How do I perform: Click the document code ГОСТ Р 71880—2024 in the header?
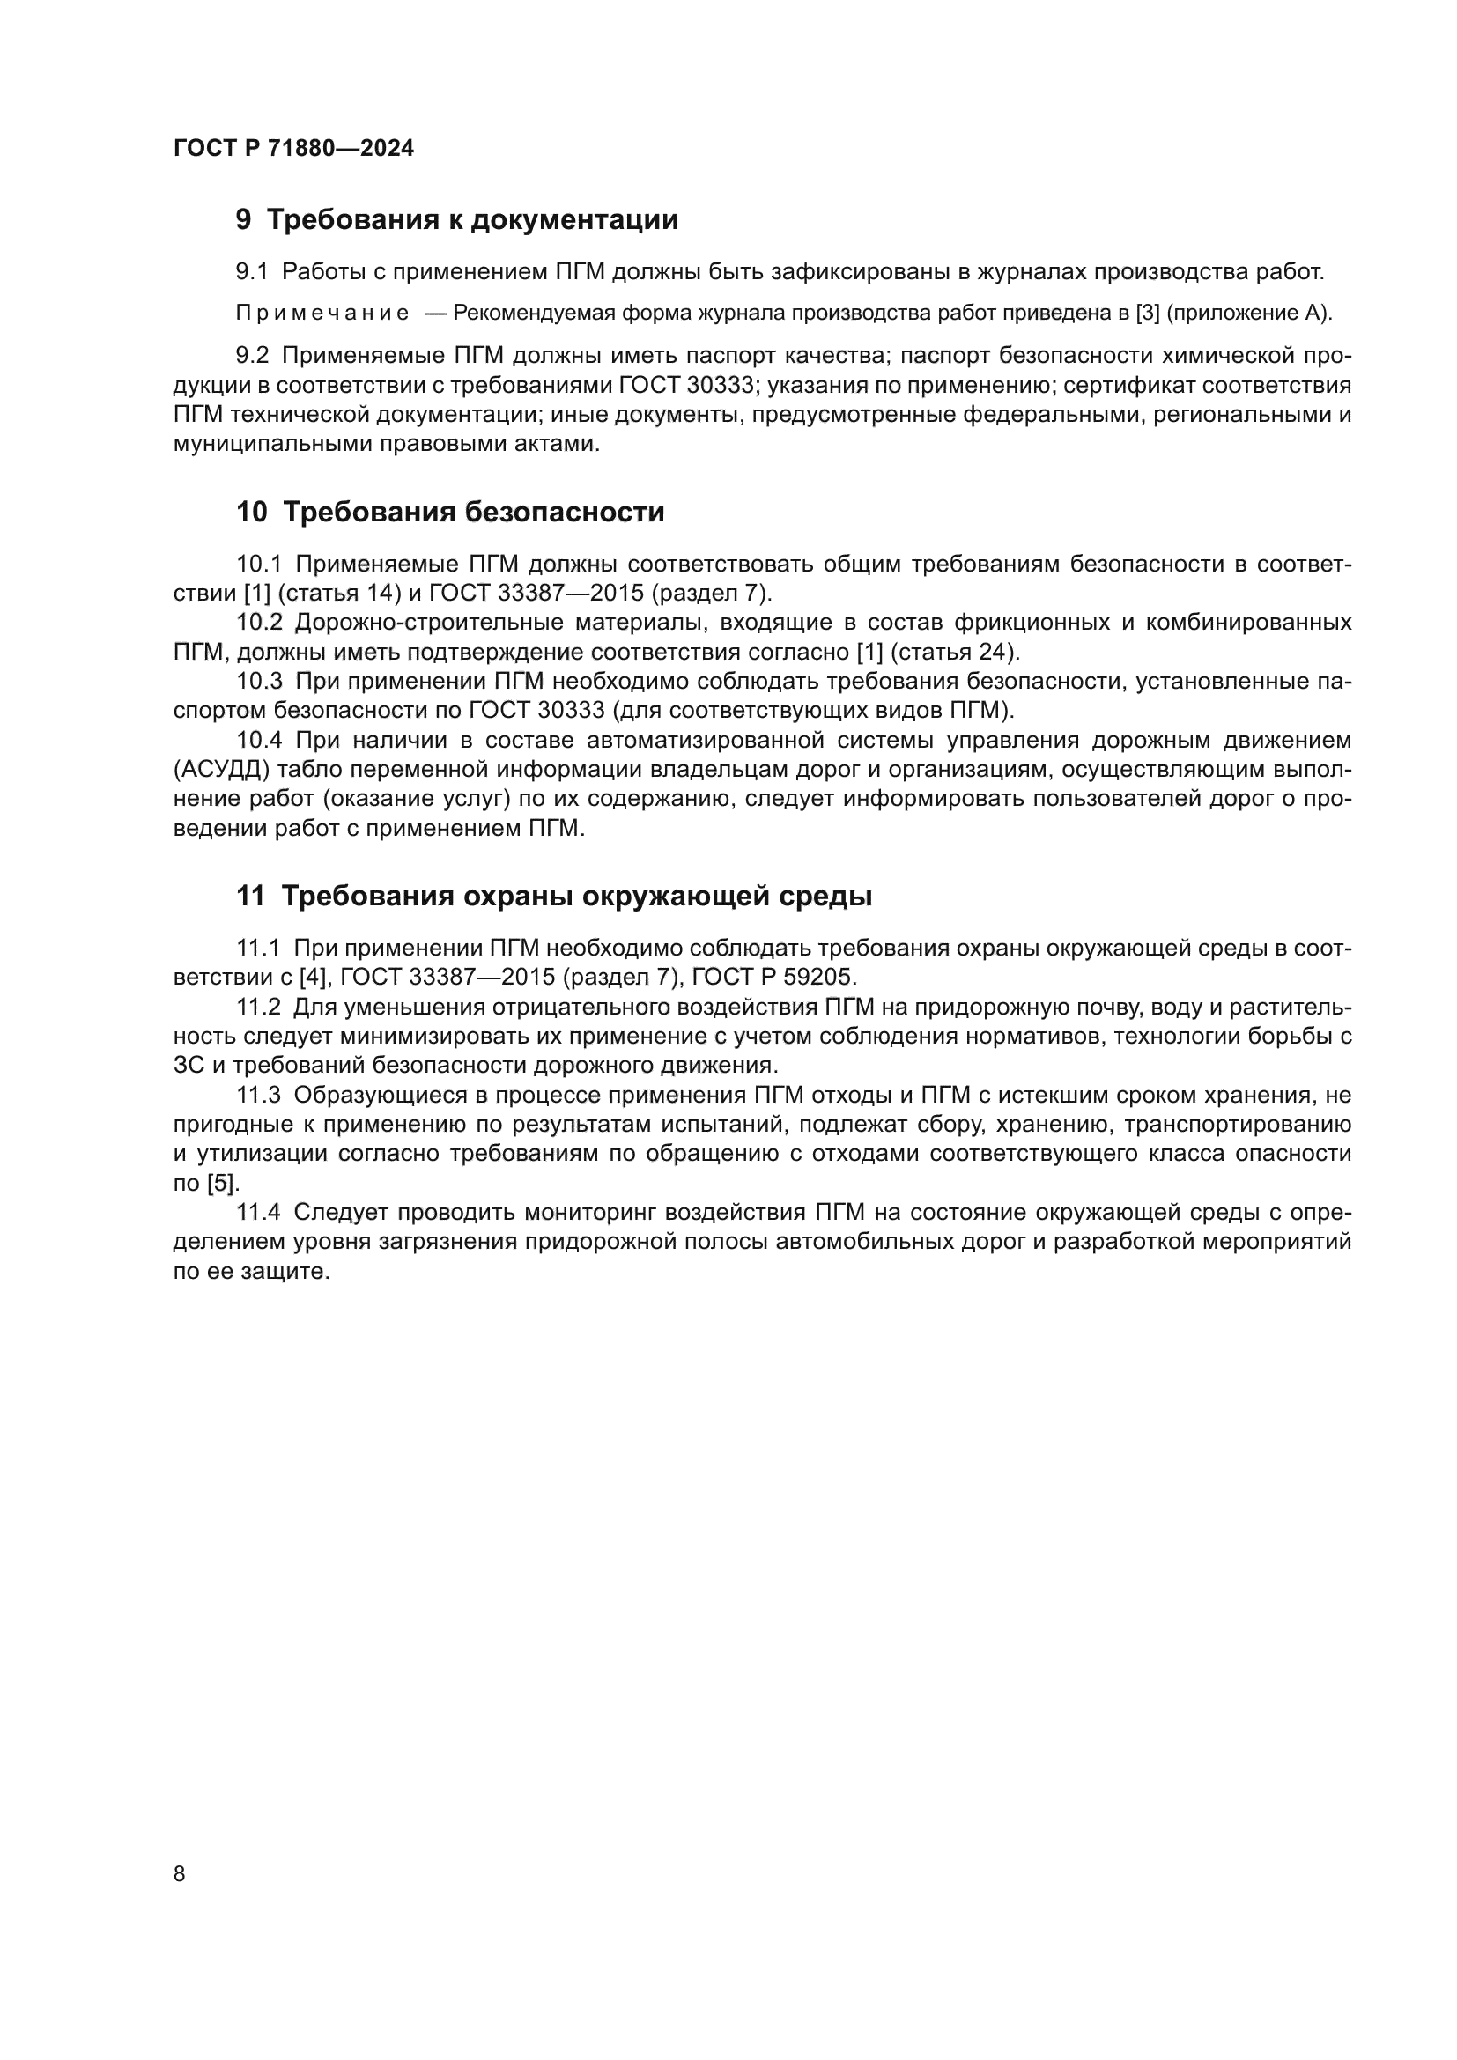tap(293, 149)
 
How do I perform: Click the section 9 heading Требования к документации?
tap(456, 220)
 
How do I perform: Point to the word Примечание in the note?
tap(322, 314)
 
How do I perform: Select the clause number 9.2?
tap(252, 356)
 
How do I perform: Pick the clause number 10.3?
tap(259, 682)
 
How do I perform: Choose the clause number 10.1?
tap(259, 565)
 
